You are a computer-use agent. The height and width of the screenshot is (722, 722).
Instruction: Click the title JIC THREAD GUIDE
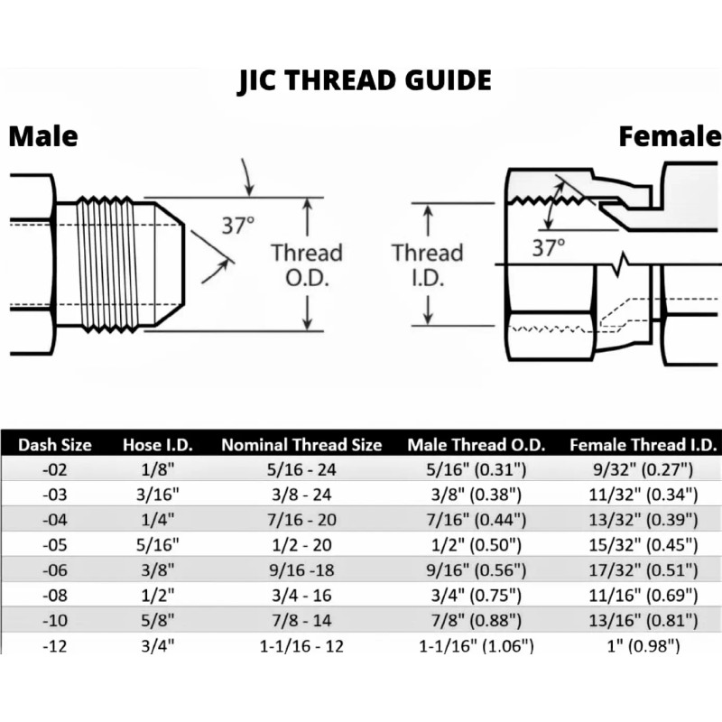(365, 80)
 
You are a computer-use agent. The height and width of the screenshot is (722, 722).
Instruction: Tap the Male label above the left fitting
(43, 136)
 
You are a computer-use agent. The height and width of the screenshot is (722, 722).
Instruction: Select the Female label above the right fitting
(669, 136)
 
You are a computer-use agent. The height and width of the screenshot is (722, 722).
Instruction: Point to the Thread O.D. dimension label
(307, 265)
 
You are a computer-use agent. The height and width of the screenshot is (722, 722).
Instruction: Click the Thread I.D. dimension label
(427, 265)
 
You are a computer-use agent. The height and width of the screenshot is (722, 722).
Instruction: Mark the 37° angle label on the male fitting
(239, 226)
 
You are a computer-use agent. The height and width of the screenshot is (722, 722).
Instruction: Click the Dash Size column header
(55, 444)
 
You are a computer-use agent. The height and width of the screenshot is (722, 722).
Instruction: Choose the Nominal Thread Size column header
(301, 444)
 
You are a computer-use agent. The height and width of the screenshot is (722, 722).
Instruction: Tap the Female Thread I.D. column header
(643, 444)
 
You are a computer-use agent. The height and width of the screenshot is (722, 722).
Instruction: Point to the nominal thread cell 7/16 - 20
(301, 519)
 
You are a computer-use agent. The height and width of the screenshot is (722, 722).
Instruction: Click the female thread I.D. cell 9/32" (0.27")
(643, 469)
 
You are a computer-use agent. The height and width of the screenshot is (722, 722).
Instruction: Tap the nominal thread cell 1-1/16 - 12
(301, 645)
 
